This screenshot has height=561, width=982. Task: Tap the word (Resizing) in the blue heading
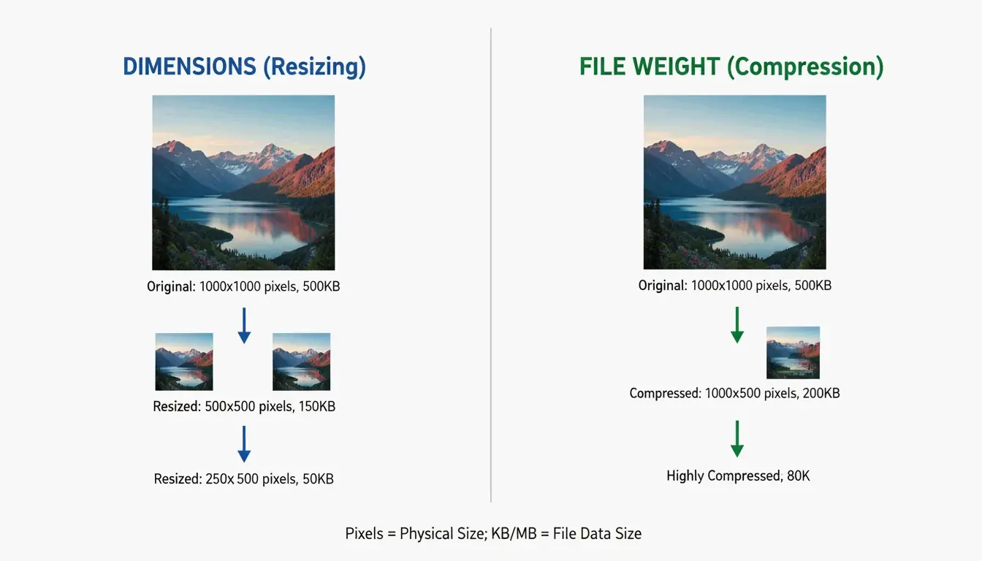pos(314,67)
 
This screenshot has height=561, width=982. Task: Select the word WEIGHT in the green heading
pos(681,67)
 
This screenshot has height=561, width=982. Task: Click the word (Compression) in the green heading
pos(805,67)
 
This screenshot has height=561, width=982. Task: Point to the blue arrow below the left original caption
pos(244,325)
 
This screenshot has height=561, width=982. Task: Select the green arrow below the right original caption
pos(737,324)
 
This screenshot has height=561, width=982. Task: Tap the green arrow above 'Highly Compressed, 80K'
pos(737,438)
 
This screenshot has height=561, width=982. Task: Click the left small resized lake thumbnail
pos(184,362)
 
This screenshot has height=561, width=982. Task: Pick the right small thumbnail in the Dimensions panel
pos(301,362)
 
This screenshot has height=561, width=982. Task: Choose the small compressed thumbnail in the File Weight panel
pos(793,352)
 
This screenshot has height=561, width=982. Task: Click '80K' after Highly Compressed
pos(798,476)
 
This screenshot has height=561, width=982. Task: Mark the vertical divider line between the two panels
pos(491,263)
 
